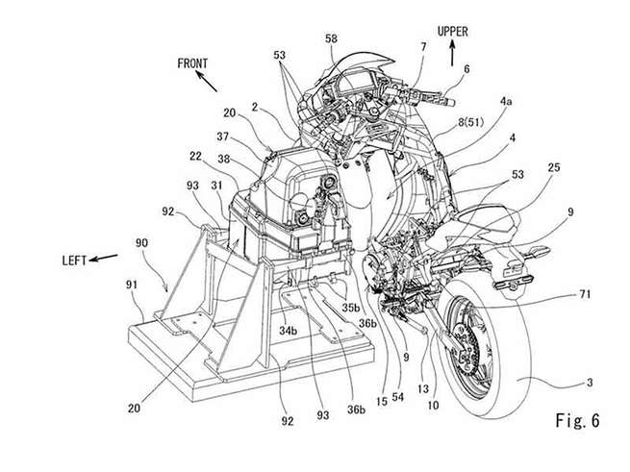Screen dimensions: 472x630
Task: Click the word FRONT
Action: click(193, 63)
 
